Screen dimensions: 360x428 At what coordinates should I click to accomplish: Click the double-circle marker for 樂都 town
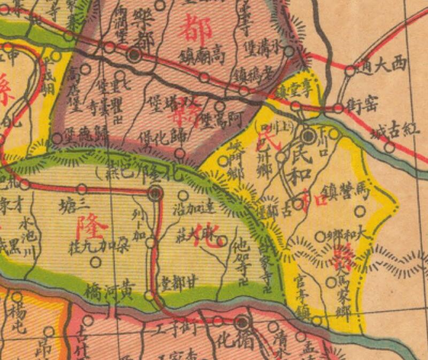click(x=135, y=55)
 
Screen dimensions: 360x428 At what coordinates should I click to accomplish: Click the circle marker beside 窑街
click(x=338, y=108)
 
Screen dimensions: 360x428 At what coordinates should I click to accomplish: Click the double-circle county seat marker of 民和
click(x=308, y=136)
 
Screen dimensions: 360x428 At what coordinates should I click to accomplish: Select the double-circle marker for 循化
click(x=242, y=322)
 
